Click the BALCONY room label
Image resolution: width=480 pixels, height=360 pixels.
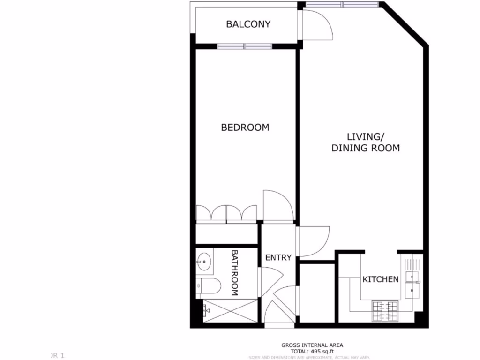248,24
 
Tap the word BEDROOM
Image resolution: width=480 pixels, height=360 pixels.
245,127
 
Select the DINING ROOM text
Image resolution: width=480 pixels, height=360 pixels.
366,148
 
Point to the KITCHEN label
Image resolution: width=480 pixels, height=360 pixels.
380,279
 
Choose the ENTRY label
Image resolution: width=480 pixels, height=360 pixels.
278,257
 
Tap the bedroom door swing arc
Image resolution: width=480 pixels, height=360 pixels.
277,205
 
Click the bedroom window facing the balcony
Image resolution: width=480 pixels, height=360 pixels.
244,46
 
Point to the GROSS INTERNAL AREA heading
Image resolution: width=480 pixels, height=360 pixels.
312,345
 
